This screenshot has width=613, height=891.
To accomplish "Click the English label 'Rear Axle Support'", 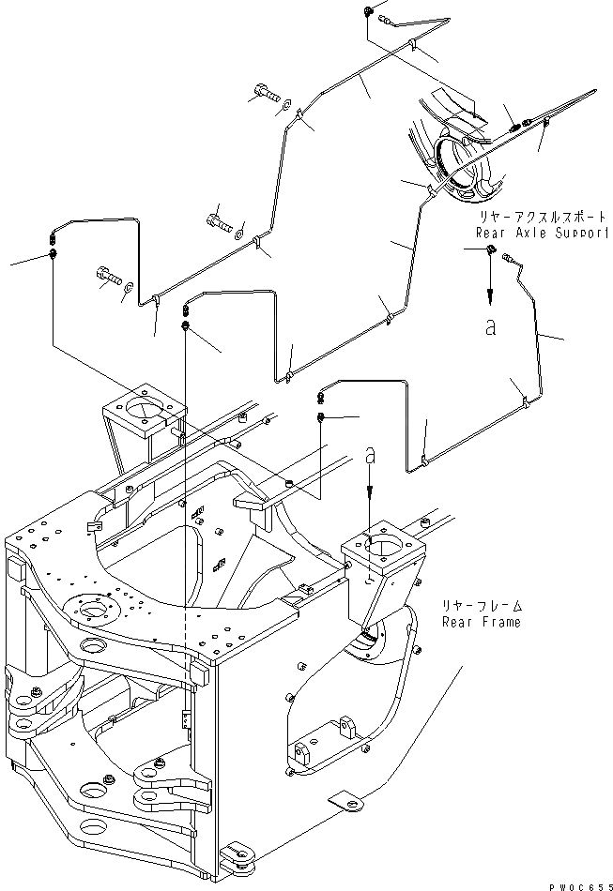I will pos(541,232).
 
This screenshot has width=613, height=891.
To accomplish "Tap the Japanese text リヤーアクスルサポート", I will pos(541,217).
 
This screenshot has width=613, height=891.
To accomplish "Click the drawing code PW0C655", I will pos(575,883).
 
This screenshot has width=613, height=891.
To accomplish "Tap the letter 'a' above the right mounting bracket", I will pos(371,454).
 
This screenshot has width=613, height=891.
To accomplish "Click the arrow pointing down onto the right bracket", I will pos(371,492).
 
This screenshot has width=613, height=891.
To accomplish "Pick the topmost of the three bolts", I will pos(264,93).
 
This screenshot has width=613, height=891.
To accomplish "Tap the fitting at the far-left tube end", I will pos(53,253).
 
